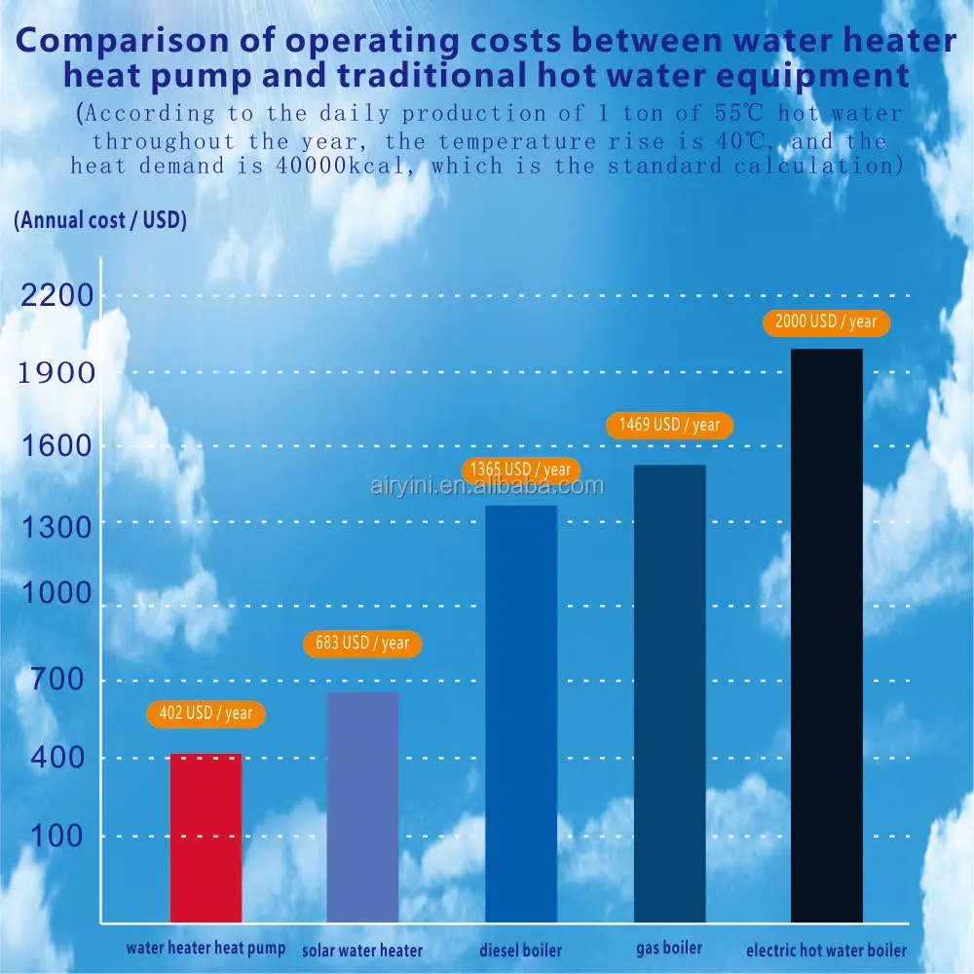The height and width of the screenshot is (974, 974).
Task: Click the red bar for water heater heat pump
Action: click(x=206, y=838)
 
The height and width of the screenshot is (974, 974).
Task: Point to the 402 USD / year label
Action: click(x=206, y=714)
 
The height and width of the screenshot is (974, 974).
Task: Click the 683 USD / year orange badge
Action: click(x=362, y=643)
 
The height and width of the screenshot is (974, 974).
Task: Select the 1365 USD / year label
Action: click(x=521, y=469)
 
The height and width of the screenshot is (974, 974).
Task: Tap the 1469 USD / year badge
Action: click(x=669, y=425)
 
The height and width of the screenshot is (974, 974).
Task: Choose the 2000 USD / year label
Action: click(x=826, y=321)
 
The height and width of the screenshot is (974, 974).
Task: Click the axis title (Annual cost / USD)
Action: click(x=100, y=220)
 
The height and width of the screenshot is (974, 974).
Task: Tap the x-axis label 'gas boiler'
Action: click(x=669, y=947)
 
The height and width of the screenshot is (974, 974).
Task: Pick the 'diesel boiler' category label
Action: click(x=521, y=951)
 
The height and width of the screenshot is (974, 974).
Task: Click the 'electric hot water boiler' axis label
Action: click(x=826, y=951)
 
